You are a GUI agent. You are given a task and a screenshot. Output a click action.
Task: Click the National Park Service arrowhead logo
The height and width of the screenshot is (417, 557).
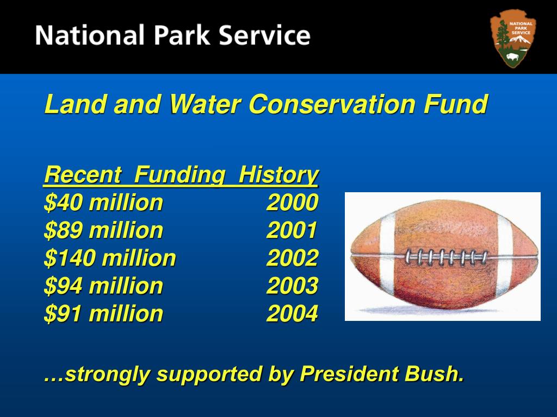513,41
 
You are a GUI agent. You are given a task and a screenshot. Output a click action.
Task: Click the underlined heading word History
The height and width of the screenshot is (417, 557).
278,175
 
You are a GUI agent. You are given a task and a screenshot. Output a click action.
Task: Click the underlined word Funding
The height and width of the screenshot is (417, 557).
180,175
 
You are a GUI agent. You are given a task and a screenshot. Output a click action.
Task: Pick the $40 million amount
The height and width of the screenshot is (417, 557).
103,203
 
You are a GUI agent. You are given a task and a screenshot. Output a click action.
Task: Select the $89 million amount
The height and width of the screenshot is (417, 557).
103,231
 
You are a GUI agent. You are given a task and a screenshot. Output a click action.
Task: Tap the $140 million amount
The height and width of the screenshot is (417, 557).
110,258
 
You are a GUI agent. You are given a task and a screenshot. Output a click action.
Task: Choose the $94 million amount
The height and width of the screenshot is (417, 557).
103,286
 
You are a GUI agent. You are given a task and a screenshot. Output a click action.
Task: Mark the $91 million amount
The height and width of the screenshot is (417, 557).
103,314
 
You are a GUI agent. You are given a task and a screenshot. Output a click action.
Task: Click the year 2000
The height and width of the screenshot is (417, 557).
292,203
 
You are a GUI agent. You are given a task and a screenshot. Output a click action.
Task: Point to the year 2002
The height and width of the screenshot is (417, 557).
292,258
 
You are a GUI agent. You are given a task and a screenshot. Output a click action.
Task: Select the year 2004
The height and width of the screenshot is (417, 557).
292,314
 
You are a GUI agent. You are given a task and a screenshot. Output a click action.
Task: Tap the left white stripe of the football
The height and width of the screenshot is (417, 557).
387,255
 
